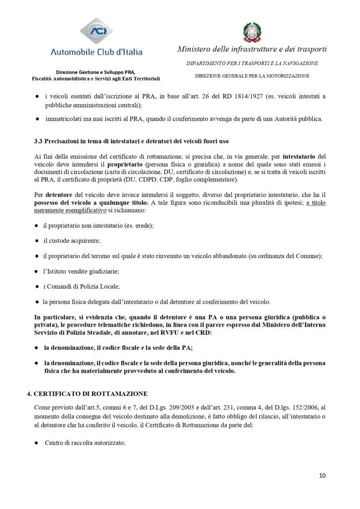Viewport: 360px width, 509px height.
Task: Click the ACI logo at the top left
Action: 97,31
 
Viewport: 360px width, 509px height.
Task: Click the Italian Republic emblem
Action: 252,31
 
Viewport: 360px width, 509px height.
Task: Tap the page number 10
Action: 323,476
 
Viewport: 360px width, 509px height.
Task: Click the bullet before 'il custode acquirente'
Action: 37,241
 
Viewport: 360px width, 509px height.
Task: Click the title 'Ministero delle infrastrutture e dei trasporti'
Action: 252,49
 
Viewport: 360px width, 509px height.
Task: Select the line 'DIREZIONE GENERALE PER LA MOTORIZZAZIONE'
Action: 252,76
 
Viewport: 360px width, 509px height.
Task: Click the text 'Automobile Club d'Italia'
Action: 96,52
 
